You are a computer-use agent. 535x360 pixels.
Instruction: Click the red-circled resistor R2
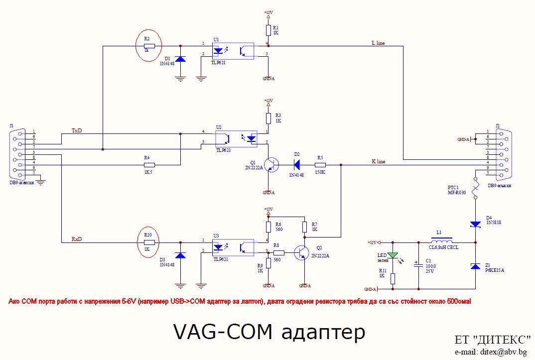pos(149,46)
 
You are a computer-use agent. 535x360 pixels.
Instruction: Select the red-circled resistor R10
pos(149,242)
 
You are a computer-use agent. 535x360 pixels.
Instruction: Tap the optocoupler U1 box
pos(233,50)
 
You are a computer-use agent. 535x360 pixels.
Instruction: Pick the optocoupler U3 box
pos(233,246)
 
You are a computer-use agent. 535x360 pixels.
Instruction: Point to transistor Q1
pos(271,164)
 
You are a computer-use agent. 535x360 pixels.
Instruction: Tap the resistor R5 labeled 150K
pos(320,164)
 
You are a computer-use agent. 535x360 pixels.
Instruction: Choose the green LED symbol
pos(394,255)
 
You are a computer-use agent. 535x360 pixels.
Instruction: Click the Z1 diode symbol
pos(475,267)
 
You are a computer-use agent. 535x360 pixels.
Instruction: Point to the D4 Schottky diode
pos(475,225)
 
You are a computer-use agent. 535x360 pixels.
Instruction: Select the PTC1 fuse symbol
pos(475,188)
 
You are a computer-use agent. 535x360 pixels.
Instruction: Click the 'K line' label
pos(379,161)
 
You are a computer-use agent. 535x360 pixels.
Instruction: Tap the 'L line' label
pos(379,43)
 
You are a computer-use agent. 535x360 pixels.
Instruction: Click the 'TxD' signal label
pos(77,130)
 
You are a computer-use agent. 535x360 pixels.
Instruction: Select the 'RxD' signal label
pos(77,240)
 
